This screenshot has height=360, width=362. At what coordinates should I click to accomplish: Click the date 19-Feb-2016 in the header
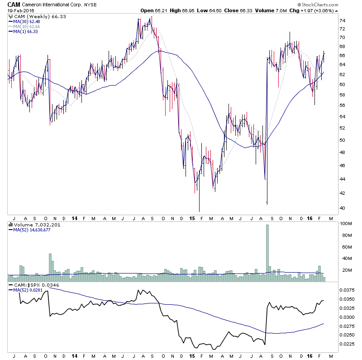tap(17, 11)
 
